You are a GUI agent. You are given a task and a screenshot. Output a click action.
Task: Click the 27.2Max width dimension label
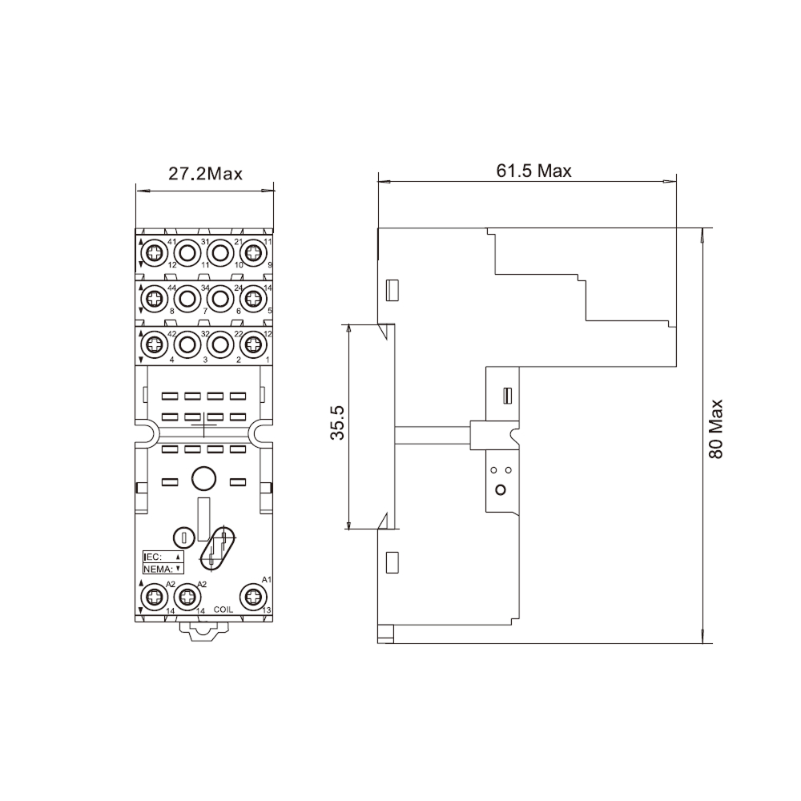tap(204, 173)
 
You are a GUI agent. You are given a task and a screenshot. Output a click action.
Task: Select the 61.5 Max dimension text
tap(533, 171)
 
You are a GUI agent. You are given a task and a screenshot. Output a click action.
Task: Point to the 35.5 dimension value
tap(338, 422)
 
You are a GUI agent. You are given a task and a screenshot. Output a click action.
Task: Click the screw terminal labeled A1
tap(254, 596)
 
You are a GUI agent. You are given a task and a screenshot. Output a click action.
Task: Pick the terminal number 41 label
tap(171, 242)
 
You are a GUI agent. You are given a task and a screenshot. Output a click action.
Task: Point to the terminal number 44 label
tap(171, 288)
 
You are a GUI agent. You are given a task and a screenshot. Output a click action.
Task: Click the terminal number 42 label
tap(171, 333)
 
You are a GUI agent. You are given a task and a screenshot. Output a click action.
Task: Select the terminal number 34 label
tap(205, 288)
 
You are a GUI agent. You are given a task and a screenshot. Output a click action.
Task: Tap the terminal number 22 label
tap(238, 333)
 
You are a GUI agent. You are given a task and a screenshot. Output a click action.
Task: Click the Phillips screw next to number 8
tap(153, 300)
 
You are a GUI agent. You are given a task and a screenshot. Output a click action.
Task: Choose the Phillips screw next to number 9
tap(254, 254)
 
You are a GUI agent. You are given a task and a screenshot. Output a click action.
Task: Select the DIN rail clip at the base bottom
tap(203, 632)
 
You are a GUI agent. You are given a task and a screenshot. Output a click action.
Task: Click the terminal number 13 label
tap(267, 610)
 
